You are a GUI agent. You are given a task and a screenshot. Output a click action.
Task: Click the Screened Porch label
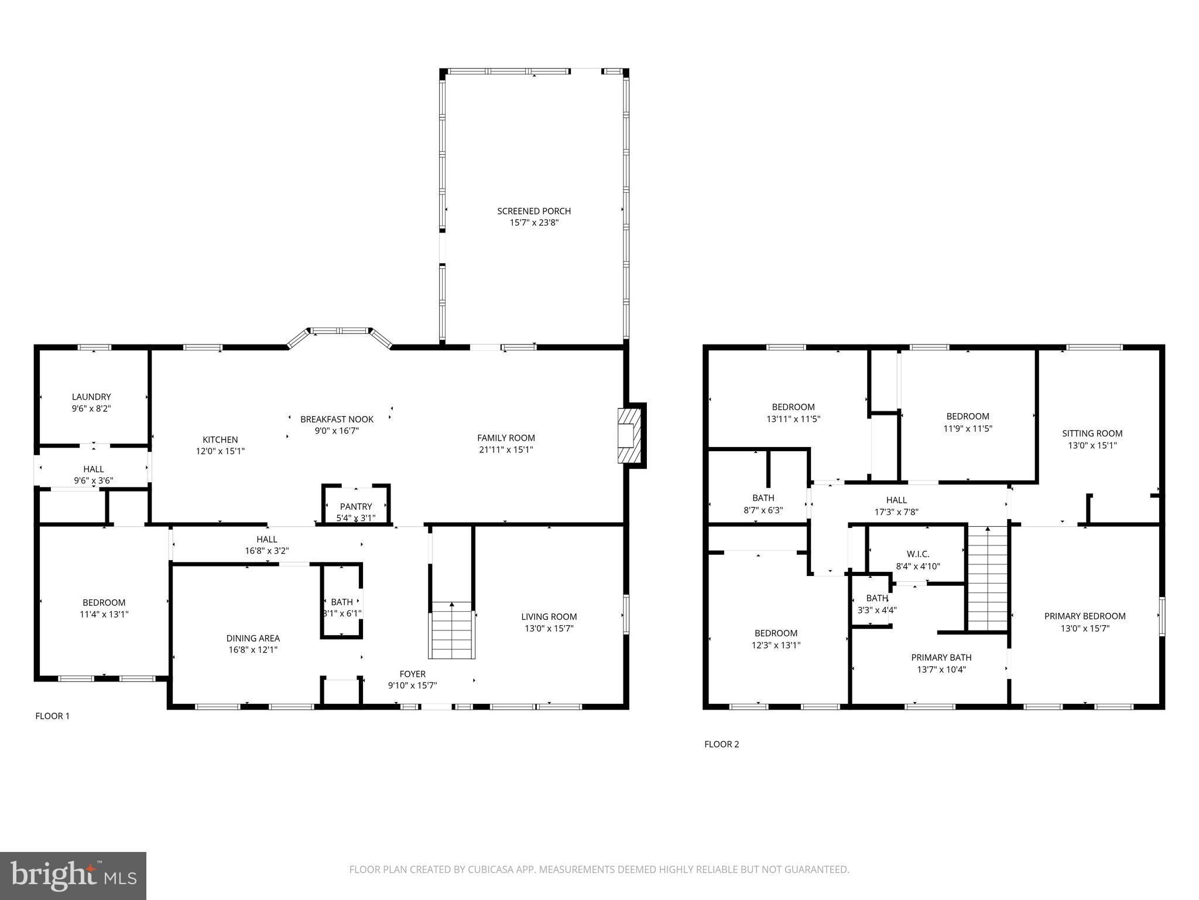(x=533, y=211)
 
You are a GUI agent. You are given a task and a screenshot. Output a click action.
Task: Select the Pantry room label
(x=356, y=506)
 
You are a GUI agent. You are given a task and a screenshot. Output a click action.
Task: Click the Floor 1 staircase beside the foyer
(x=452, y=630)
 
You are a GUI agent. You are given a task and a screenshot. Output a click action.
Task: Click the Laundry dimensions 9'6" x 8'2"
(x=92, y=408)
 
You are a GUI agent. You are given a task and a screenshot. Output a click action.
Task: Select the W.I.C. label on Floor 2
(x=917, y=554)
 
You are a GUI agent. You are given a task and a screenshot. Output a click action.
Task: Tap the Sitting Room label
(x=1092, y=434)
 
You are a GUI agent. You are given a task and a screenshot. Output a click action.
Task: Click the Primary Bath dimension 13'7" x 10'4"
(x=941, y=669)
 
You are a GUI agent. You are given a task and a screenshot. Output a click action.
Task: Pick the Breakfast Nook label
(x=337, y=419)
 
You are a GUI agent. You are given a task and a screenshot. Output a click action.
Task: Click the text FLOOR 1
(x=53, y=716)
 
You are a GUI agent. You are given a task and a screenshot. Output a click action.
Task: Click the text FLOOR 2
(x=721, y=744)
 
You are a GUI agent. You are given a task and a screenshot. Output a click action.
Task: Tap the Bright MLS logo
(x=73, y=876)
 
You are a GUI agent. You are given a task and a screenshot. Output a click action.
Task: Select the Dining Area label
(x=253, y=638)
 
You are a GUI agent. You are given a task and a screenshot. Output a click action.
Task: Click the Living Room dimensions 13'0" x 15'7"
(x=549, y=628)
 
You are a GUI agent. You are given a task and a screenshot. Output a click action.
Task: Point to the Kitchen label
(x=220, y=439)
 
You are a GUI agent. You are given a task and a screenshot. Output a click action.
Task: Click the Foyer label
(x=412, y=674)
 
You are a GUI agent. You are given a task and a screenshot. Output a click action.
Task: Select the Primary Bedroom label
(x=1084, y=616)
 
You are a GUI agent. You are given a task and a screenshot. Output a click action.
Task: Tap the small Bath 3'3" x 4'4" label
(x=876, y=598)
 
